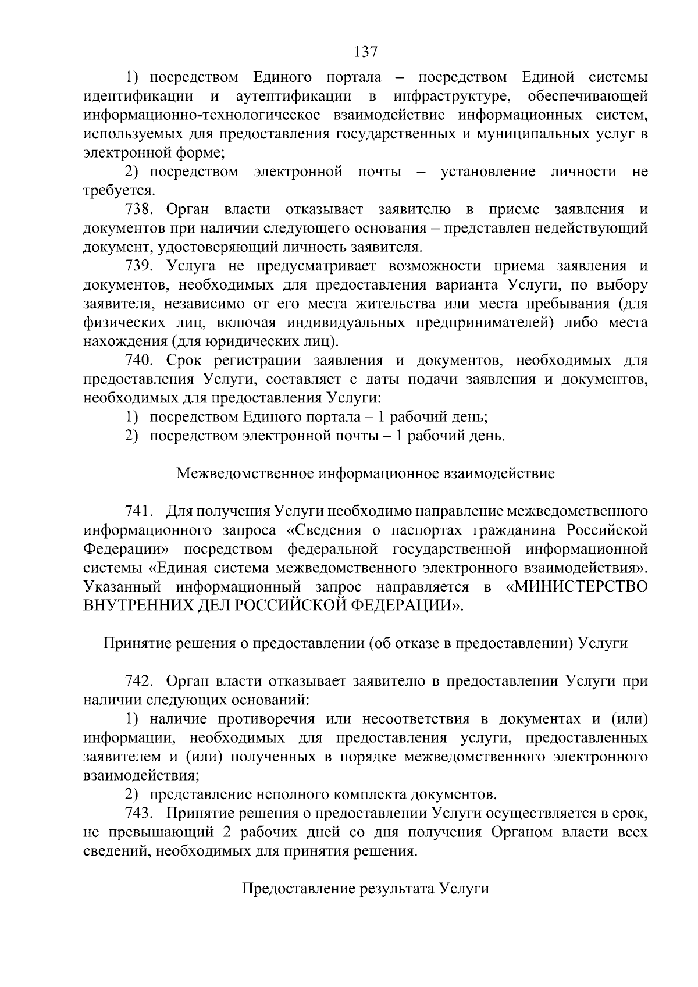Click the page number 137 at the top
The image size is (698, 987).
click(x=366, y=52)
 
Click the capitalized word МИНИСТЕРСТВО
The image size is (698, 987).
click(x=578, y=586)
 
